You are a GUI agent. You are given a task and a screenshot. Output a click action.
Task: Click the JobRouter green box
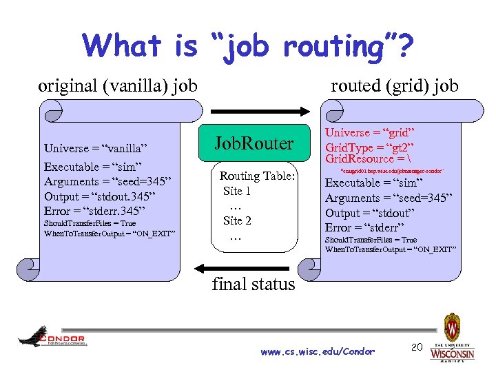coord(254,144)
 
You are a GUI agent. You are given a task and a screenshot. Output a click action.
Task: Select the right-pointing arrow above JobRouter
coord(253,111)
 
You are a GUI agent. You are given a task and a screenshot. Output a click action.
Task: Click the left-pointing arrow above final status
coord(253,268)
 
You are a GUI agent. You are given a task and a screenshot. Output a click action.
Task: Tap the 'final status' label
coord(254,284)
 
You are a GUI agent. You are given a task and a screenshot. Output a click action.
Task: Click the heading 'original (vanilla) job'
coord(118,86)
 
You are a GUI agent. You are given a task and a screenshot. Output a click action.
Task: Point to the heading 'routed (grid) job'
coord(395,86)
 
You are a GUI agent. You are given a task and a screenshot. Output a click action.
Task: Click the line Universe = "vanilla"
coord(96,148)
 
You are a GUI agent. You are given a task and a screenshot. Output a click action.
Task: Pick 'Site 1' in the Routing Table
coord(236,191)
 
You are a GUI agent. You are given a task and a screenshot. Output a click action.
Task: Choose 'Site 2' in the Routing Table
coord(237,220)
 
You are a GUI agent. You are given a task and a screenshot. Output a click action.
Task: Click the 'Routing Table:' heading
coord(257,176)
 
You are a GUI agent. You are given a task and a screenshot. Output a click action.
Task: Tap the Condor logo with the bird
coord(52,337)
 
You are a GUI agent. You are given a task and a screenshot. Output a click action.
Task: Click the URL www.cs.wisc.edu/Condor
coord(318,352)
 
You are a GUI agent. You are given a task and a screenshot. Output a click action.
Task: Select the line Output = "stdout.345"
coord(103,196)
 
